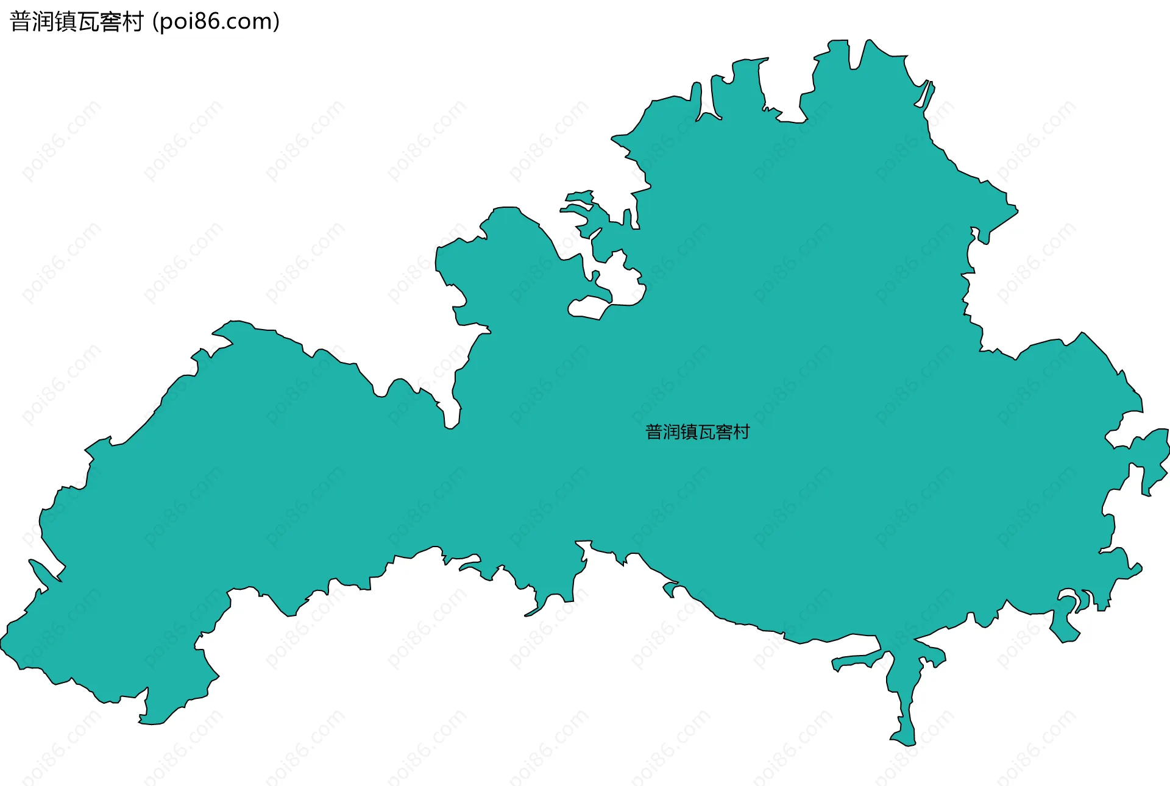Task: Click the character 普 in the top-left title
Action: (21, 22)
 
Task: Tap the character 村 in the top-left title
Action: (132, 22)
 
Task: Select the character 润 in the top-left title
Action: (43, 22)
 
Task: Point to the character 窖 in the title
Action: (110, 22)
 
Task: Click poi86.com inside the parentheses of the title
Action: (216, 22)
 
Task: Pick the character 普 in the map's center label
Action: (654, 432)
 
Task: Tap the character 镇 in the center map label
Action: (689, 432)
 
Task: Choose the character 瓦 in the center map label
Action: (706, 432)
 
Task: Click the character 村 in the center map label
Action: (742, 432)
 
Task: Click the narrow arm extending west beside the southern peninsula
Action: (853, 662)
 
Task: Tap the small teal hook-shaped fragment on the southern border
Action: (670, 589)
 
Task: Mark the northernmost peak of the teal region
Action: (868, 41)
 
